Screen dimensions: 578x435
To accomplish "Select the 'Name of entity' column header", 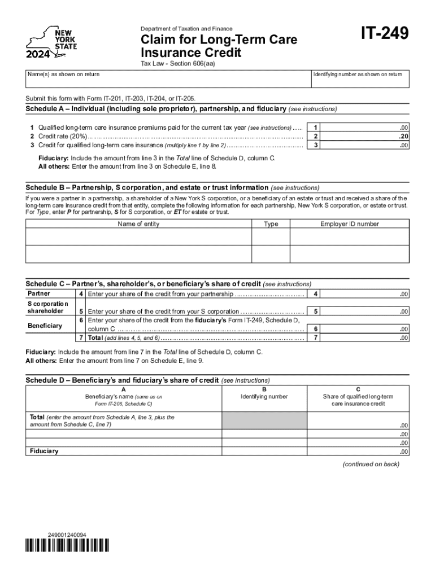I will pyautogui.click(x=138, y=224).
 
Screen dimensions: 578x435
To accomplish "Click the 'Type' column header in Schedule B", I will pyautogui.click(x=271, y=224).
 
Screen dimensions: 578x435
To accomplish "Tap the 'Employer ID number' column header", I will pyautogui.click(x=350, y=224).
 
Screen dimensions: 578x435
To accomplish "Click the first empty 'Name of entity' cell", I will pyautogui.click(x=138, y=237).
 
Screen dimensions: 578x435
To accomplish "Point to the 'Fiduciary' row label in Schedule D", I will pyautogui.click(x=44, y=451).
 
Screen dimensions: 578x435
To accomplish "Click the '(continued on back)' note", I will pyautogui.click(x=371, y=464).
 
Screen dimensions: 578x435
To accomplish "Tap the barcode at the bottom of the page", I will pyautogui.click(x=67, y=545).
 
